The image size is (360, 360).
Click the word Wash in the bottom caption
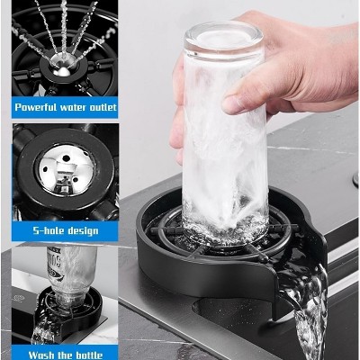(31, 354)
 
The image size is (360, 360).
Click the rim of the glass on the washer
(225, 236)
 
